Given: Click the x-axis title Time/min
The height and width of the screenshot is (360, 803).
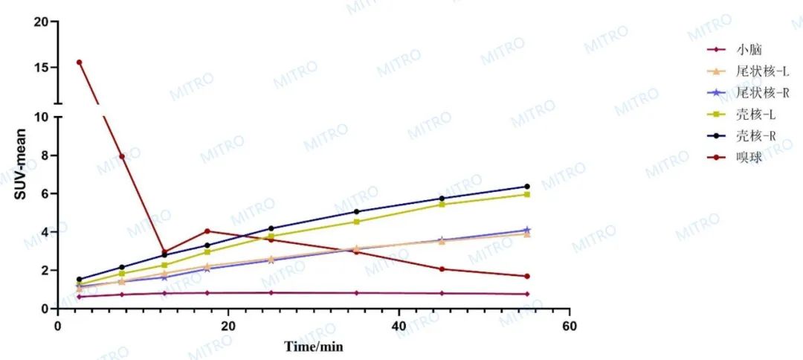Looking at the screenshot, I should click(313, 347).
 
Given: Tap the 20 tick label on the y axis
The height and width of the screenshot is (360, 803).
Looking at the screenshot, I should click(41, 22).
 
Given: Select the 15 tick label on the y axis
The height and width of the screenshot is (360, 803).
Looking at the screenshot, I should click(41, 67).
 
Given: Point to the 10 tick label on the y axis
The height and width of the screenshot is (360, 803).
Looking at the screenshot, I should click(41, 118).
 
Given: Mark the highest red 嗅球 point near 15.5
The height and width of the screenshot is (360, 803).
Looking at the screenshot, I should click(79, 62).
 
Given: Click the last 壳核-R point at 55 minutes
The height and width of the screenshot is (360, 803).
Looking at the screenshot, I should click(527, 187).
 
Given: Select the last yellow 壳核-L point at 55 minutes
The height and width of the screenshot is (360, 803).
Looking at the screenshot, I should click(527, 194).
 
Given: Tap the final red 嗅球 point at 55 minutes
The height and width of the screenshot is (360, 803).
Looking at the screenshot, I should click(527, 276).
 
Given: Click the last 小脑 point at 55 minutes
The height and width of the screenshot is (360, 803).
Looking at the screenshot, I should click(527, 294).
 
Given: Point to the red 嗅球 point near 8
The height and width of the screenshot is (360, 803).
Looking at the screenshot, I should click(121, 156).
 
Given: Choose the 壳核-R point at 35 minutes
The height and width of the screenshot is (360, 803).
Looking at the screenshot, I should click(357, 212).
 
